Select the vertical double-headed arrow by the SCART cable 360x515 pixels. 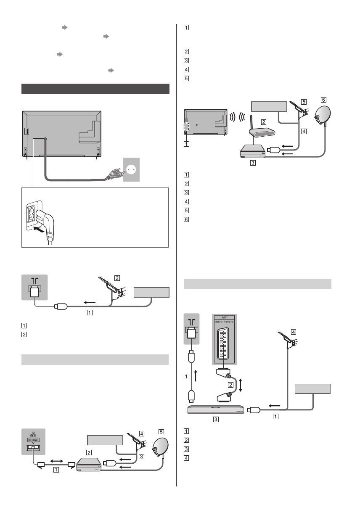241,384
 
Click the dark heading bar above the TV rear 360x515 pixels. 95,89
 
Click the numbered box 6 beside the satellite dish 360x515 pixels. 323,100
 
